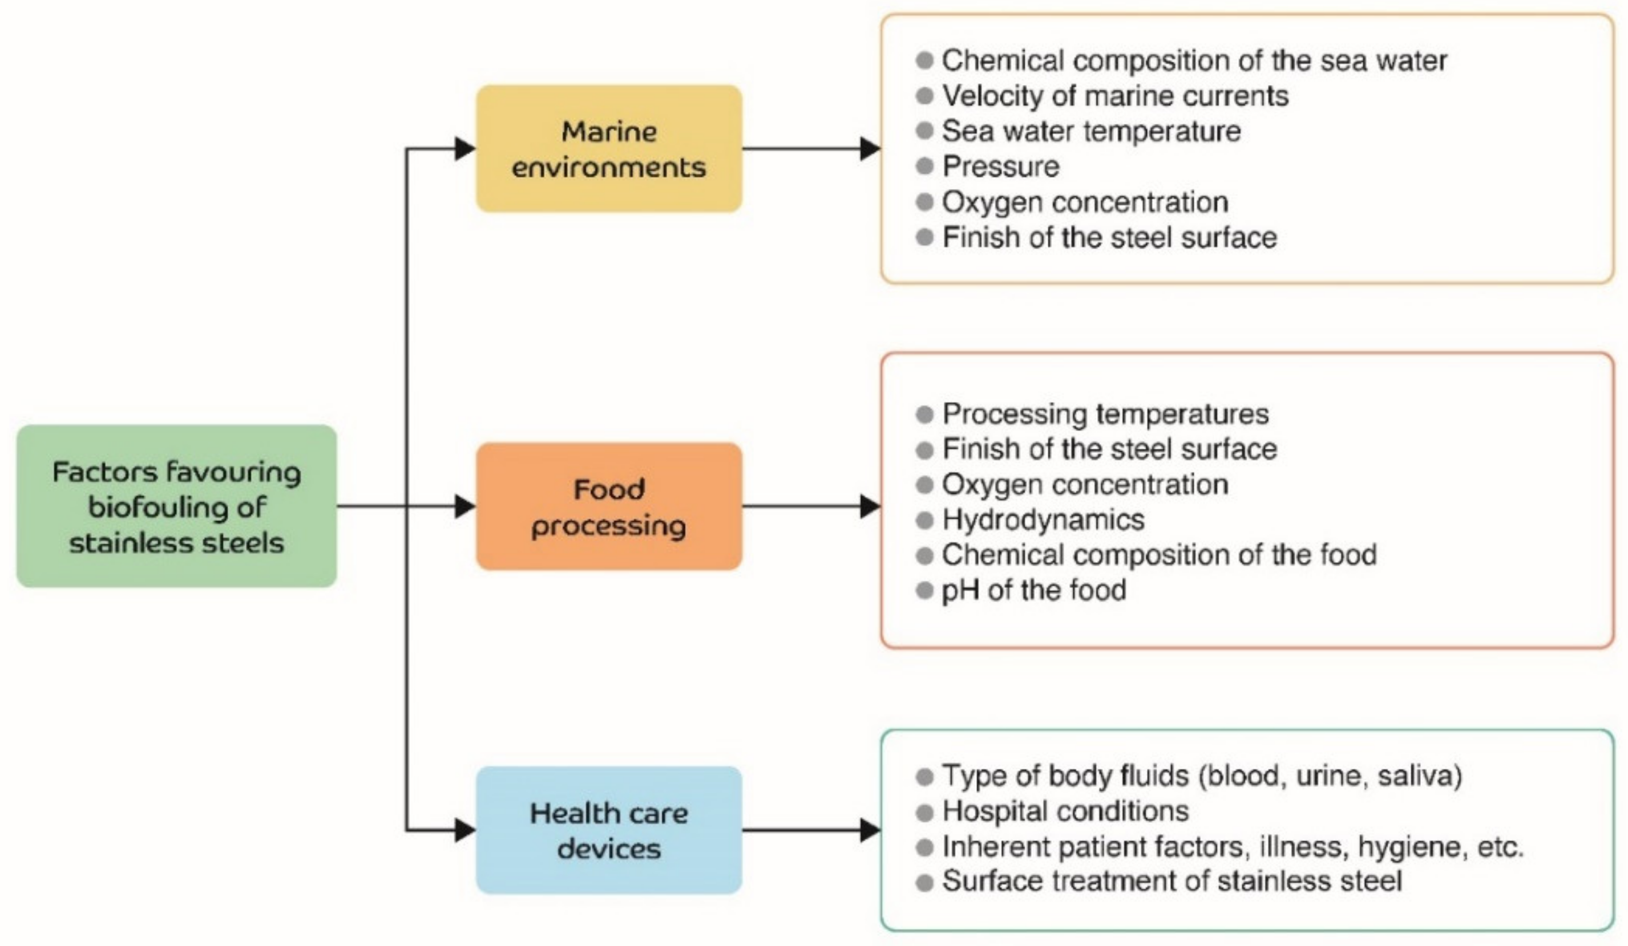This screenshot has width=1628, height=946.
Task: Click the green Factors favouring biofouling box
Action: (176, 506)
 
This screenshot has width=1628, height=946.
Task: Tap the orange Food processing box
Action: (608, 506)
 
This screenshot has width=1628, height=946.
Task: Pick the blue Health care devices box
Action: (608, 830)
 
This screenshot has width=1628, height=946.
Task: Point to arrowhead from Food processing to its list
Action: (870, 506)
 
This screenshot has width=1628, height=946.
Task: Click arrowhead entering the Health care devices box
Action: (464, 830)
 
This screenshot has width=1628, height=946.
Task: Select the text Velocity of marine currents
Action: (1115, 96)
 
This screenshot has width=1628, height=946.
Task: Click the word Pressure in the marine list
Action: (1001, 167)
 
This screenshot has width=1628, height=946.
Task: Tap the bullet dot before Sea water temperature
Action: (924, 131)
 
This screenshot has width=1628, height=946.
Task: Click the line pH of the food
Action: (1033, 590)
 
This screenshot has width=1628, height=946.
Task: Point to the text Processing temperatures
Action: (1105, 414)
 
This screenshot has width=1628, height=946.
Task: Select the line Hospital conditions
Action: (1065, 811)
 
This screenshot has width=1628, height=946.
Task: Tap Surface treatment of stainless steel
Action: (1171, 882)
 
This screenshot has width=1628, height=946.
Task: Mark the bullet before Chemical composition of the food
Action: (924, 555)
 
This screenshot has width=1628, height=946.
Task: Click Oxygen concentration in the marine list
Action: (1085, 202)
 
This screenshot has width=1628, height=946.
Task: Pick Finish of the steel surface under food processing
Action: (1109, 449)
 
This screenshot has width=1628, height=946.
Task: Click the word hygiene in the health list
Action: (1408, 847)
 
